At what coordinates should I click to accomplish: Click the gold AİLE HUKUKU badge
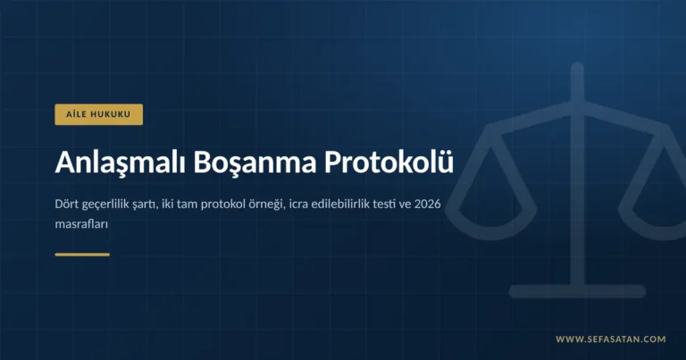(99, 114)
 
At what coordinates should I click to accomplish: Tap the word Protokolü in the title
(389, 162)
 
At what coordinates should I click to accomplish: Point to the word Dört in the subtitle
(66, 204)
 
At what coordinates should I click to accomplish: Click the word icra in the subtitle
(298, 204)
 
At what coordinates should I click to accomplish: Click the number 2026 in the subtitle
(428, 204)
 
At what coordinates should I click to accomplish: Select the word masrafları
(81, 224)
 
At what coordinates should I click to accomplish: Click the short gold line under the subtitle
(82, 255)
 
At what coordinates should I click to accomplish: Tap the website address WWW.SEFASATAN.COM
(611, 339)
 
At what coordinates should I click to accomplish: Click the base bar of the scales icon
(578, 291)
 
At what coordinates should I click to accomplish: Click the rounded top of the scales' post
(578, 67)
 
